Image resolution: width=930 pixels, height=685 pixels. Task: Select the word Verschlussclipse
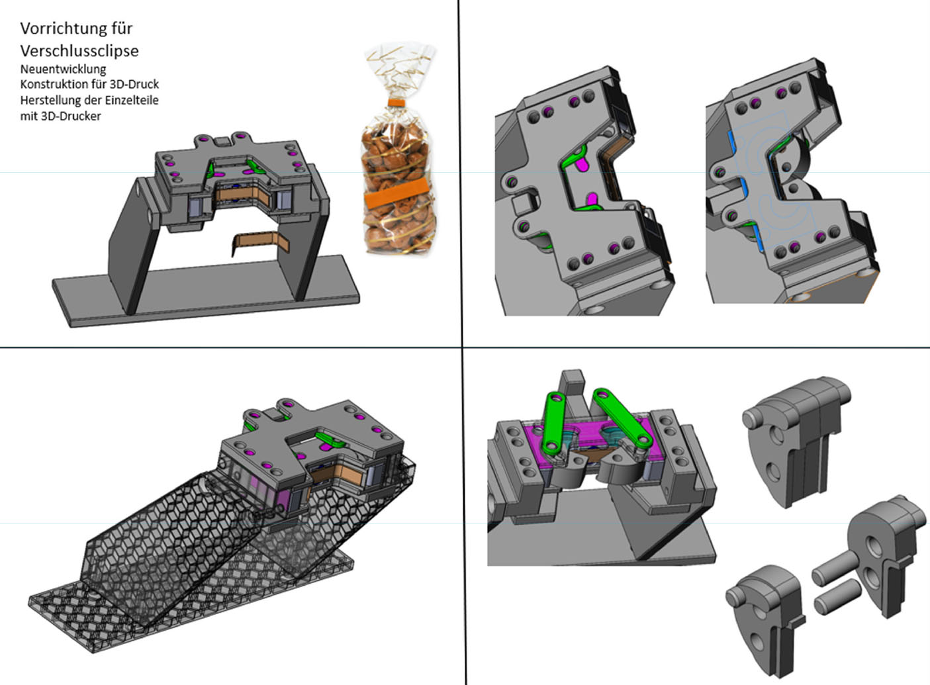[x=79, y=51]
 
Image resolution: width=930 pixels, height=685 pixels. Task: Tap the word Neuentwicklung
[x=63, y=69]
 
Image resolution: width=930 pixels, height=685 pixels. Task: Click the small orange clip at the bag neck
[x=396, y=102]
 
